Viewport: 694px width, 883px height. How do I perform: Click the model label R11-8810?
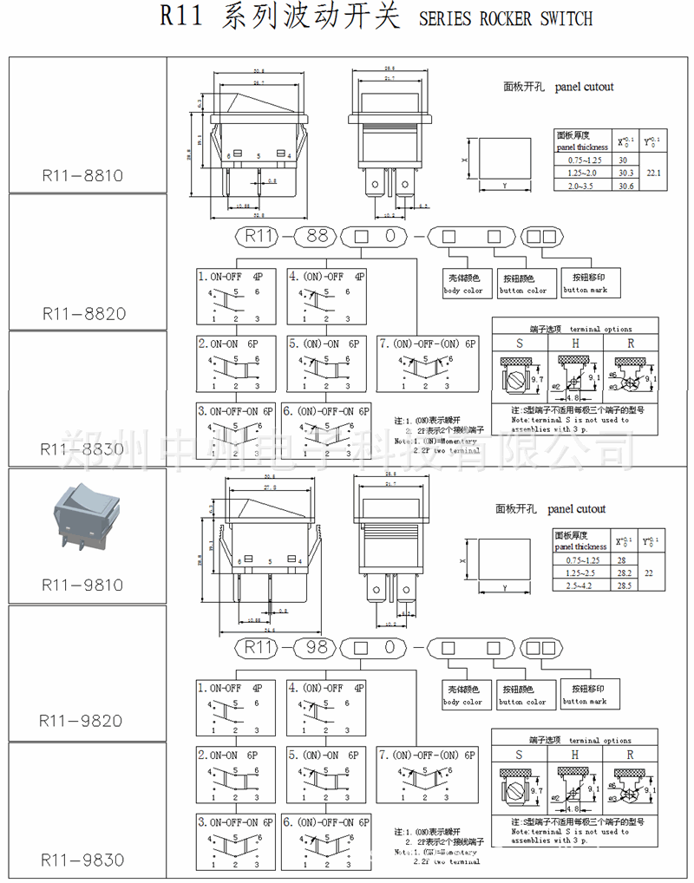[82, 175]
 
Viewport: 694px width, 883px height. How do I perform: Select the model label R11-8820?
[82, 313]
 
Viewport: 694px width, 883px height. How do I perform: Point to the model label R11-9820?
[82, 721]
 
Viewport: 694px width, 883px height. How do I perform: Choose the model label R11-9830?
[82, 860]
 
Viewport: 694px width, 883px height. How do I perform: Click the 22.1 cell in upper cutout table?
[653, 173]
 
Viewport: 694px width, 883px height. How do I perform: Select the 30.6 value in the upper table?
[624, 186]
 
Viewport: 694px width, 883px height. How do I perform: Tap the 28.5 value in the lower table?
[624, 586]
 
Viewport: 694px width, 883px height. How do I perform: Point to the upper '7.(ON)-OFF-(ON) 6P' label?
[428, 343]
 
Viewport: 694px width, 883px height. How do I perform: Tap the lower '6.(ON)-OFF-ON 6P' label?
[327, 821]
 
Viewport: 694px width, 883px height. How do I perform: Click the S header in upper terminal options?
[520, 343]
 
